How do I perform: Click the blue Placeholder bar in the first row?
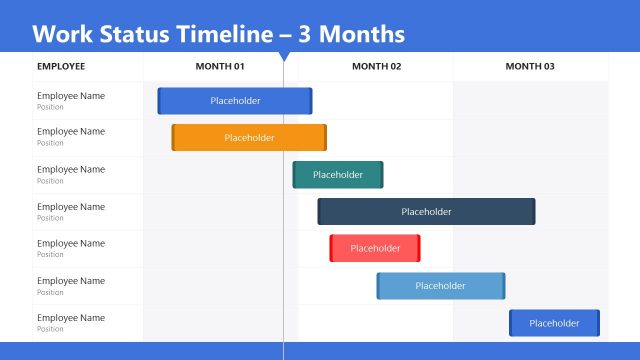point(235,101)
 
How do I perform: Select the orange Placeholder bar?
point(249,137)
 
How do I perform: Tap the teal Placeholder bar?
point(338,175)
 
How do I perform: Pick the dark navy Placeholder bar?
point(426,212)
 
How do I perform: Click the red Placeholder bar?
point(375,248)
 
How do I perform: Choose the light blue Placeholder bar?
point(441,286)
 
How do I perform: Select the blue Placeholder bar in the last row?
point(554,323)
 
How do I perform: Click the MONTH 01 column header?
point(220,67)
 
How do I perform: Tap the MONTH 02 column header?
point(377,67)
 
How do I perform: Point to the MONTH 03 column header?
point(530,67)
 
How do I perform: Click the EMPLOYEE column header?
point(61,67)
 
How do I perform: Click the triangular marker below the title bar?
point(284,56)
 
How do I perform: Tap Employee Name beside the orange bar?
point(71,132)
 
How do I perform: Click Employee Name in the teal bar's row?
point(71,170)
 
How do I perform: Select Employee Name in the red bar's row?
point(71,244)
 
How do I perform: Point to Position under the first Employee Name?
point(50,107)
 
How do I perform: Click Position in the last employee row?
point(50,329)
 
